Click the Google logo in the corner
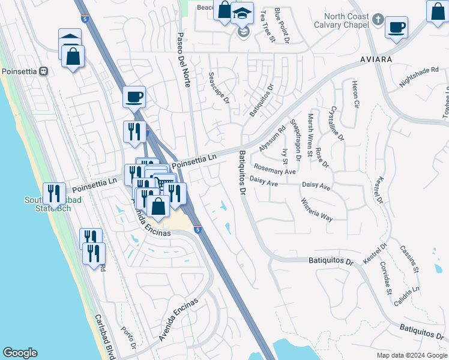[20, 353]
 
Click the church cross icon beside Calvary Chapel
[377, 19]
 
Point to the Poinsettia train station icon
[43, 71]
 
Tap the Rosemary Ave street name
[275, 171]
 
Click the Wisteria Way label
[316, 210]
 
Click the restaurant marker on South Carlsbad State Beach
[55, 193]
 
